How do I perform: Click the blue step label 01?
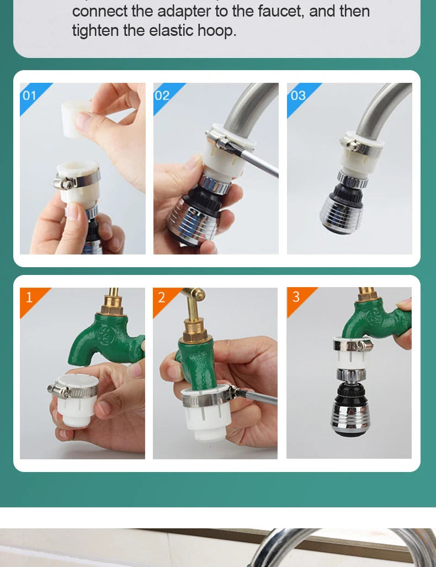click(29, 96)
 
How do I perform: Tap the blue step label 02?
click(162, 96)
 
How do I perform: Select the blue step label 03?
click(298, 96)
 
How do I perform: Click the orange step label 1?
click(29, 298)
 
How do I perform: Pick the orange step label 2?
click(162, 298)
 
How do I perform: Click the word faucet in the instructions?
click(281, 11)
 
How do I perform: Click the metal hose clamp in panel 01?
click(77, 178)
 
